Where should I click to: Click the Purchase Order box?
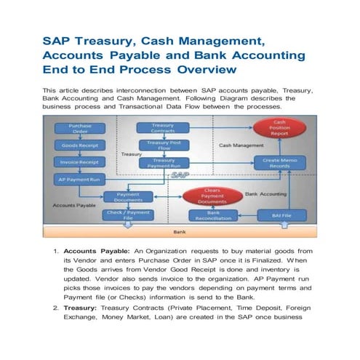click(80, 129)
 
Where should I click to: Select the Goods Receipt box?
click(80, 145)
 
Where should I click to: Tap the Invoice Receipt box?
click(80, 162)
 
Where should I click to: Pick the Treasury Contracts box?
click(163, 129)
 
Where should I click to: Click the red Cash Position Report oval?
click(279, 128)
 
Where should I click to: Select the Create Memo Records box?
click(281, 163)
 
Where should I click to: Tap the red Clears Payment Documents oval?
click(213, 196)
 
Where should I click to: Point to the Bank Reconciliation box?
click(213, 216)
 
